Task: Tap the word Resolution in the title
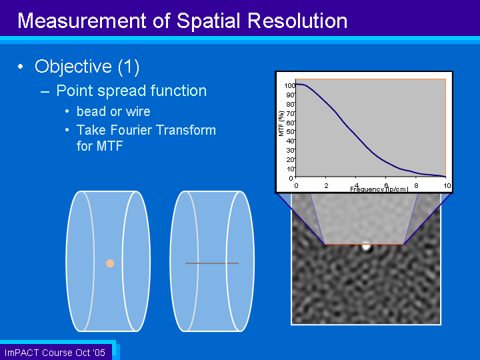pyautogui.click(x=297, y=21)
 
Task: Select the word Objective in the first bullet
pyautogui.click(x=73, y=67)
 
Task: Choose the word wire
pyautogui.click(x=138, y=112)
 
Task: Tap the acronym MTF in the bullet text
pyautogui.click(x=109, y=146)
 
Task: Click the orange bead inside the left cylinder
pyautogui.click(x=110, y=263)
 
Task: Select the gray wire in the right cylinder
pyautogui.click(x=212, y=263)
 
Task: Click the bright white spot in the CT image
pyautogui.click(x=366, y=247)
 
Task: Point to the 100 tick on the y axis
pyautogui.click(x=289, y=86)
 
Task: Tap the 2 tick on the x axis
pyautogui.click(x=326, y=186)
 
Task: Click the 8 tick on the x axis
pyautogui.click(x=416, y=185)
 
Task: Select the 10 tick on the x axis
pyautogui.click(x=447, y=186)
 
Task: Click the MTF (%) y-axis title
pyautogui.click(x=281, y=123)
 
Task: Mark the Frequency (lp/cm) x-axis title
pyautogui.click(x=379, y=189)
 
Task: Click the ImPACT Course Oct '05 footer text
pyautogui.click(x=55, y=353)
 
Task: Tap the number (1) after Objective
pyautogui.click(x=129, y=67)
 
